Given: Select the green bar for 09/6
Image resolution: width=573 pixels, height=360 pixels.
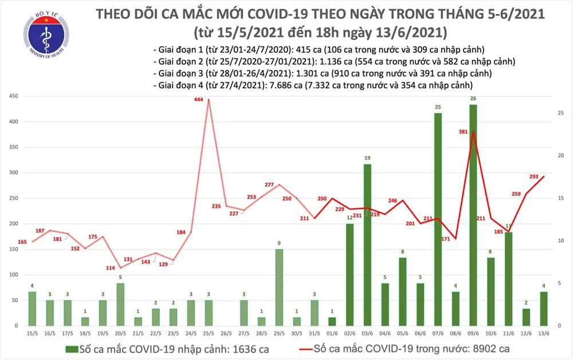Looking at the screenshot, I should pyautogui.click(x=473, y=215).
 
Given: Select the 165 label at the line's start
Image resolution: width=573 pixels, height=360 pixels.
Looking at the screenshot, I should pyautogui.click(x=22, y=242).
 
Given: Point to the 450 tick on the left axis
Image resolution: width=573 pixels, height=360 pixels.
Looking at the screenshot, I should pyautogui.click(x=12, y=96).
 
